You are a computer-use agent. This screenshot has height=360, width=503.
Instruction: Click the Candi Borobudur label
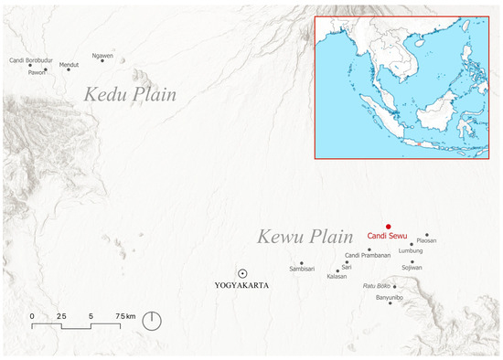click(27, 60)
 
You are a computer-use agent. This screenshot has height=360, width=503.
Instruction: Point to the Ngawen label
click(102, 56)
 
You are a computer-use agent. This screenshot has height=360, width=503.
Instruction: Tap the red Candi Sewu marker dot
click(389, 227)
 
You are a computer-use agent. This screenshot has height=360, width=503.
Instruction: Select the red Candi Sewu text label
click(390, 237)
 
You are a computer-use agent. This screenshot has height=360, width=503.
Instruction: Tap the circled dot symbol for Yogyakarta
click(241, 273)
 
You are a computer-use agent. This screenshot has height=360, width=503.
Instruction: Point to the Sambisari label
click(303, 270)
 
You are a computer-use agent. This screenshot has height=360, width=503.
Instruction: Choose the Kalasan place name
click(337, 276)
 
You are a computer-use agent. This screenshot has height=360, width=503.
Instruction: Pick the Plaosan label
click(427, 240)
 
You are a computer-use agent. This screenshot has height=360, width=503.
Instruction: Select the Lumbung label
click(411, 250)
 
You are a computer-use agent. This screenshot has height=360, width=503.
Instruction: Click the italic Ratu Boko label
click(377, 286)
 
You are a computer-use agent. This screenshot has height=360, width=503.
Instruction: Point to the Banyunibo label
click(391, 297)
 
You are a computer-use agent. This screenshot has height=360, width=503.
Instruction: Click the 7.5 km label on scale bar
click(124, 315)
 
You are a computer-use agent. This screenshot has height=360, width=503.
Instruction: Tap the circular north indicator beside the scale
click(153, 321)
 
